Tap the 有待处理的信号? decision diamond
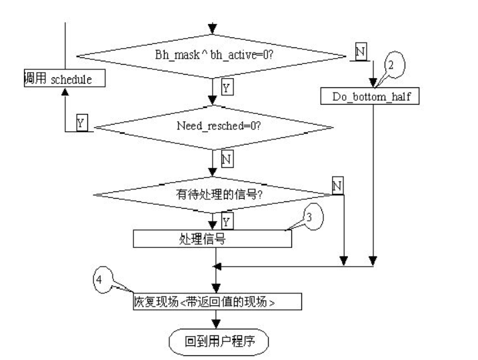[x=213, y=195]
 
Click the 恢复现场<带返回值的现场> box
[x=213, y=301]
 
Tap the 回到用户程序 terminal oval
[x=219, y=341]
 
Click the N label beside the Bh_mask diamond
[x=361, y=51]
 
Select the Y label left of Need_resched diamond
[x=81, y=123]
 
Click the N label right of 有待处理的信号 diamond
[x=337, y=185]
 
